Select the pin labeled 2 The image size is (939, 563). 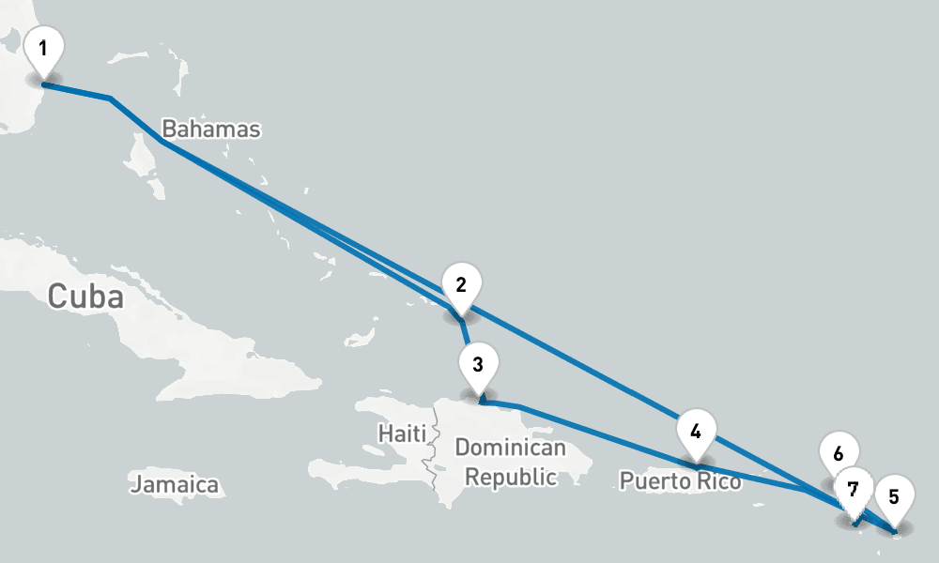461,285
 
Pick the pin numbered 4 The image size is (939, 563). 696,432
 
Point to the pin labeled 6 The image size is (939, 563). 838,453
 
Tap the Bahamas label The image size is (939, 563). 210,129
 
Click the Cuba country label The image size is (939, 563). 85,297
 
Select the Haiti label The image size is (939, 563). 402,434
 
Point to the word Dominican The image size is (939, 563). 511,449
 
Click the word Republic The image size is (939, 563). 511,478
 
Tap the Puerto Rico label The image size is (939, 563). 680,481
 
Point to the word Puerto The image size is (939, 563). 654,481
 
